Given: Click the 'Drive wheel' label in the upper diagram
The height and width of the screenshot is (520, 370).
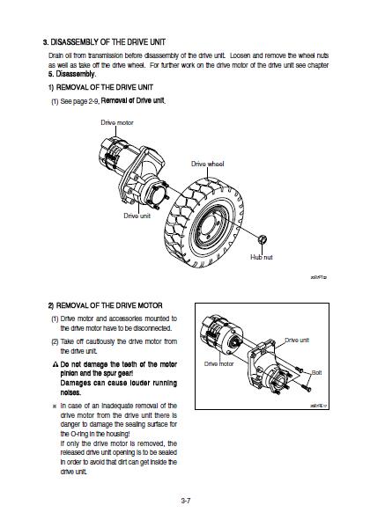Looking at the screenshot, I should (211, 165).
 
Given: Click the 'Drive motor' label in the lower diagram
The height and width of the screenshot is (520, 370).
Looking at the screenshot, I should (220, 363).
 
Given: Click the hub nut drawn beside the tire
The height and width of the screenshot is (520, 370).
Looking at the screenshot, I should (261, 240).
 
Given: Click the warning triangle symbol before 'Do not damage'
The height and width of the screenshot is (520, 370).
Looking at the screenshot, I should (54, 363).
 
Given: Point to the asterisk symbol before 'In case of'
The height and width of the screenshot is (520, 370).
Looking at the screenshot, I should (54, 406).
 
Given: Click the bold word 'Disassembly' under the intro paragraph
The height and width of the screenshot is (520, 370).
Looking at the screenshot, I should (65, 73).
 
